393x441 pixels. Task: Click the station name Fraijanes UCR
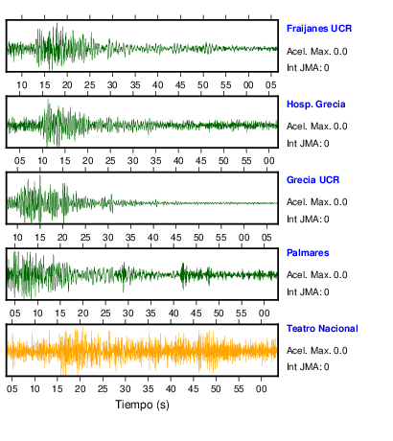[x=319, y=29]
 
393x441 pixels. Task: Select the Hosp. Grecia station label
[x=315, y=104]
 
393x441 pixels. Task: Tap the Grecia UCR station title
[x=312, y=180]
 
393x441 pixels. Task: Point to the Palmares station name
[x=308, y=253]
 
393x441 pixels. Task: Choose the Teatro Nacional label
[x=322, y=329]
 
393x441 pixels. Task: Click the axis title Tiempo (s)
[x=142, y=405]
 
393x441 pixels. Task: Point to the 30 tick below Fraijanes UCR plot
[x=112, y=85]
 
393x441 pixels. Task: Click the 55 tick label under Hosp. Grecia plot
[x=246, y=161]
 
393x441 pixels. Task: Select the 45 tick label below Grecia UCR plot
[x=175, y=238]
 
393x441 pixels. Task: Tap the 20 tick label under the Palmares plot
[x=83, y=313]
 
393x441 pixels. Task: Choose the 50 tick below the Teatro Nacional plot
[x=216, y=389]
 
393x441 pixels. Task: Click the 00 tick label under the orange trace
[x=261, y=389]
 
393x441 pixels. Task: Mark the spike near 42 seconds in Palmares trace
[x=183, y=275]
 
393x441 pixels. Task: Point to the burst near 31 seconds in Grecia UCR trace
[x=111, y=203]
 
